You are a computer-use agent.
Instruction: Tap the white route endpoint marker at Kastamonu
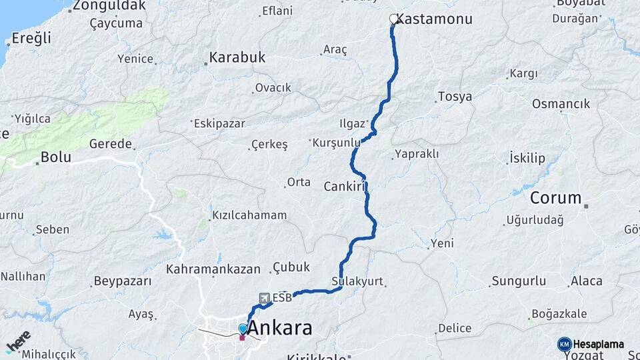pos(393,19)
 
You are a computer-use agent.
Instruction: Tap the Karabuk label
pos(237,58)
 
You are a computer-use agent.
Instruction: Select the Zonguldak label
pos(109,6)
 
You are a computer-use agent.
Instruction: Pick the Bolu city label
pos(55,157)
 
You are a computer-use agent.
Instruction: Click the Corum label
pos(556,198)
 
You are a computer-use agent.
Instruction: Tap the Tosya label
pos(455,97)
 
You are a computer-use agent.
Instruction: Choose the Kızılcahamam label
pos(249,215)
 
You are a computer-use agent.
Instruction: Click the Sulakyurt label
pos(357,281)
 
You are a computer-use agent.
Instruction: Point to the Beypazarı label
pos(123,281)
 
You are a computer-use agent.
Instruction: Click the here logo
pos(18,341)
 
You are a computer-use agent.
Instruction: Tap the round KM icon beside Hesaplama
pos(564,344)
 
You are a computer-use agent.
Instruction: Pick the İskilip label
pos(527,158)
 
